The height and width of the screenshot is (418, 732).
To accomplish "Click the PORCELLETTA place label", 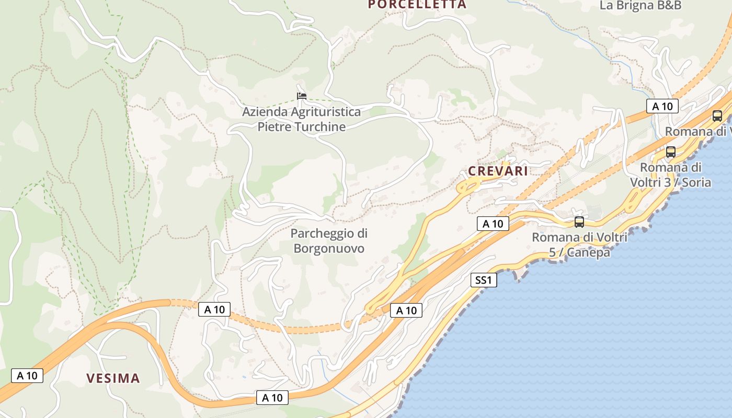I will click(x=417, y=5).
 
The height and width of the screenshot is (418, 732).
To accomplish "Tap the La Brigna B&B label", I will click(x=640, y=6).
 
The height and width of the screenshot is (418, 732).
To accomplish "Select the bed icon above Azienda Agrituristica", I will click(x=301, y=96).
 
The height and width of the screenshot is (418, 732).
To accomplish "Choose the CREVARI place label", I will click(x=498, y=171).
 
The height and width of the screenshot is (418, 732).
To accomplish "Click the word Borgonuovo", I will click(x=329, y=248).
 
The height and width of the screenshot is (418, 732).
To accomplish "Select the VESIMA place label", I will click(x=113, y=378).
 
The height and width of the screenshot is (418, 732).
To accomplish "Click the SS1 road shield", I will click(x=484, y=280).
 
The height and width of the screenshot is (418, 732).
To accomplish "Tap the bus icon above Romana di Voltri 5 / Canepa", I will click(x=579, y=222).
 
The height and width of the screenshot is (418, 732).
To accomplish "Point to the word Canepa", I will click(x=588, y=253).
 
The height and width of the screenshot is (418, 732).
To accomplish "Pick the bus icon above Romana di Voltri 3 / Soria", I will click(x=670, y=152).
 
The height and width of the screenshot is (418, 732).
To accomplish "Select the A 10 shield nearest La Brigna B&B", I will click(x=662, y=107).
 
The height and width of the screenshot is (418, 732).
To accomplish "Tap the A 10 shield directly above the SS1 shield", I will click(x=493, y=224).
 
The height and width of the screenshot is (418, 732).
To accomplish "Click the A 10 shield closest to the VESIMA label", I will click(x=27, y=375).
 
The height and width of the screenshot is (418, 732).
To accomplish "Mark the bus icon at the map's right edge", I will click(x=717, y=116).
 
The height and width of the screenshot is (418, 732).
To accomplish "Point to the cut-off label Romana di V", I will click(x=697, y=132).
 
